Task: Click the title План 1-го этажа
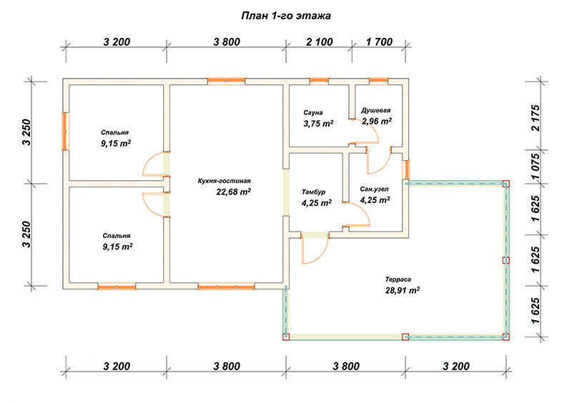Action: click(286, 16)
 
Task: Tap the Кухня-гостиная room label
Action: click(225, 181)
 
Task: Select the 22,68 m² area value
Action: click(234, 191)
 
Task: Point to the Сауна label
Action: click(313, 113)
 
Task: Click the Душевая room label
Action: click(376, 111)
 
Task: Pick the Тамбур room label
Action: click(313, 191)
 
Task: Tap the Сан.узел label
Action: click(374, 189)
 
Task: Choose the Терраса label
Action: click(398, 279)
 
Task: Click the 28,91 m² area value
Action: click(403, 290)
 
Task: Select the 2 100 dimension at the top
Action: click(320, 42)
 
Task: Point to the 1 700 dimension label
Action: click(379, 42)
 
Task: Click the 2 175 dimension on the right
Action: click(535, 118)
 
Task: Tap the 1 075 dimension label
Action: click(535, 166)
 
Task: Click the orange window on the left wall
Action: click(65, 131)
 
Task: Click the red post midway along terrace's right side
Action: click(506, 260)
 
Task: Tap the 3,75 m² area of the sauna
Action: click(318, 124)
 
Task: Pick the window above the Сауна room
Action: click(319, 81)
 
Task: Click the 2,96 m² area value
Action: click(377, 121)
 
